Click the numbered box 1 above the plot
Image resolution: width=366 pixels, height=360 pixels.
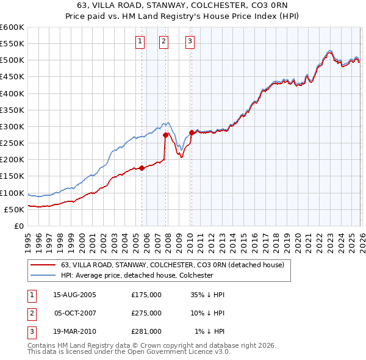pos(140,41)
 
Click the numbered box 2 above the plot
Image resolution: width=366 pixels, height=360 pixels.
pos(164,41)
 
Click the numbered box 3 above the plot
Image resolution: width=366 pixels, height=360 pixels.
pos(190,41)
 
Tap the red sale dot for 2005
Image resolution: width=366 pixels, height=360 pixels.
pos(142,168)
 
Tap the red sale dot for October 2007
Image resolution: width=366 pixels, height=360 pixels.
pos(165,135)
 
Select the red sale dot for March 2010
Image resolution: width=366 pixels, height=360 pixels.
pos(192,132)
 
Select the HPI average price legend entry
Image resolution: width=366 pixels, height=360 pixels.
pos(137,275)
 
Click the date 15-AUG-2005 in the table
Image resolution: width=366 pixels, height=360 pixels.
pos(74,295)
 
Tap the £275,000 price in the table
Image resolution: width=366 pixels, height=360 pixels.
pos(146,313)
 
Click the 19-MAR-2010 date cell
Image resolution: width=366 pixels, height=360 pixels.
pos(74,331)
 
